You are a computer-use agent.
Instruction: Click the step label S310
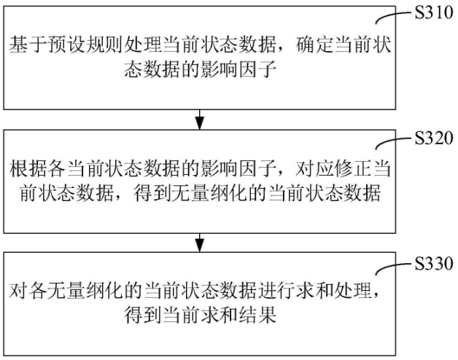pyautogui.click(x=434, y=12)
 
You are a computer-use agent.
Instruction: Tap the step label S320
pyautogui.click(x=434, y=138)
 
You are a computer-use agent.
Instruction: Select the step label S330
pyautogui.click(x=434, y=263)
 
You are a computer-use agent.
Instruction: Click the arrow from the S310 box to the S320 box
pyautogui.click(x=200, y=120)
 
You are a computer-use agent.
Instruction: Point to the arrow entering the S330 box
pyautogui.click(x=200, y=243)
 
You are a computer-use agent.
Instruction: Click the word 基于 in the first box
pyautogui.click(x=28, y=45)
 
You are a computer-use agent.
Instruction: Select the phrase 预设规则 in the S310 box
pyautogui.click(x=85, y=45)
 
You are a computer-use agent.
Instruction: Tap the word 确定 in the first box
pyautogui.click(x=314, y=45)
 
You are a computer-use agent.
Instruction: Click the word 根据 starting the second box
pyautogui.click(x=28, y=169)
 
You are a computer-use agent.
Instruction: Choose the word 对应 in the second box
pyautogui.click(x=314, y=169)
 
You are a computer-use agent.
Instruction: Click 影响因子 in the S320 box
pyautogui.click(x=238, y=169)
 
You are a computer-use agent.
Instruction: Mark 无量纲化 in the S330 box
pyautogui.click(x=85, y=291)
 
